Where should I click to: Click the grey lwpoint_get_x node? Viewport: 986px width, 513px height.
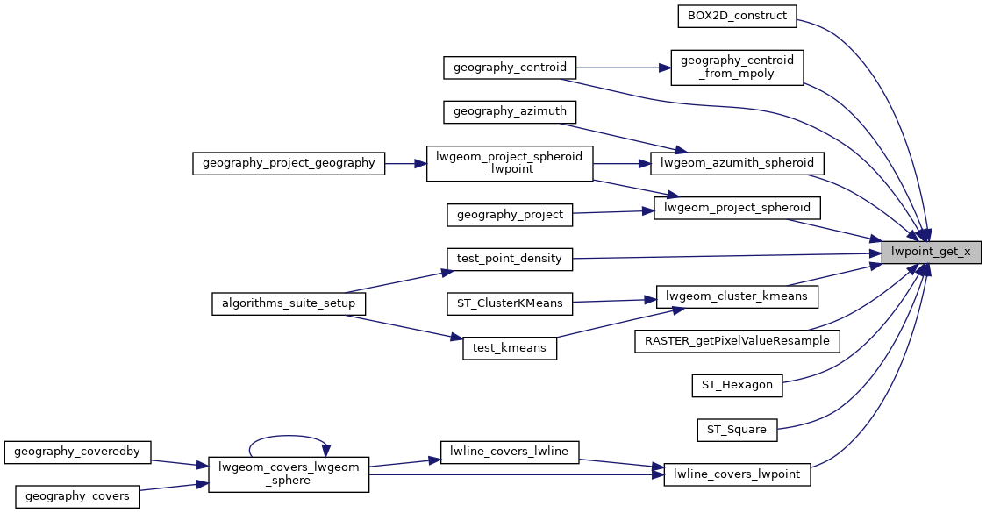point(930,252)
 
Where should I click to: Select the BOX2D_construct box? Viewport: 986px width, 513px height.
point(737,16)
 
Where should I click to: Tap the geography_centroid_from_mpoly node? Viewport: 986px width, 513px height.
point(737,68)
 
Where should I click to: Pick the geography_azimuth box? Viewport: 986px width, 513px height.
point(510,111)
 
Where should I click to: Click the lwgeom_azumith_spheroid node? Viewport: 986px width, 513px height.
point(737,163)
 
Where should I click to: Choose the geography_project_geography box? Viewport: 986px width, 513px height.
point(289,163)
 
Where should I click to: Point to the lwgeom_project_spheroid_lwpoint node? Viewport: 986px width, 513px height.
point(510,163)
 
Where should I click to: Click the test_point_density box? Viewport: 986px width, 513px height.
point(510,259)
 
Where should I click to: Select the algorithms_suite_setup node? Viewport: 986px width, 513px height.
point(289,303)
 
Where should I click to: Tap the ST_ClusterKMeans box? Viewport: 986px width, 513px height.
point(510,303)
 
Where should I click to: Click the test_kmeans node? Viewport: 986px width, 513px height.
point(510,348)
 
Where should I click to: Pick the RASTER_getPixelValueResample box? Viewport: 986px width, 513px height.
point(737,340)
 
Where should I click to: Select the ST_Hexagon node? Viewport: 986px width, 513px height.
point(737,384)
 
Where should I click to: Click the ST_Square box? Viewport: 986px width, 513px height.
point(737,430)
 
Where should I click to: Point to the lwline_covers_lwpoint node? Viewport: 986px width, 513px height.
point(737,474)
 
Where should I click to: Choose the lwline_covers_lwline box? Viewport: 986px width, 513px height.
point(510,452)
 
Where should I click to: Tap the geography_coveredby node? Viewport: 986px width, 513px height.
point(77,452)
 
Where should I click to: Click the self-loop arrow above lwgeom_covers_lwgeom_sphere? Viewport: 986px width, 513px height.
point(289,435)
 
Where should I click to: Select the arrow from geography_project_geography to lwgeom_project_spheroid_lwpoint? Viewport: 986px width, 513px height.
point(405,163)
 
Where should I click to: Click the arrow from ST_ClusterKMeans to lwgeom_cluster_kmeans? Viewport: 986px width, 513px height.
point(615,300)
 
